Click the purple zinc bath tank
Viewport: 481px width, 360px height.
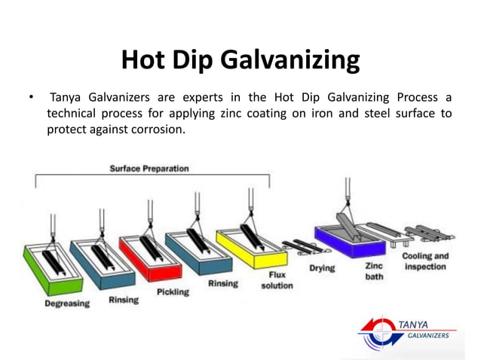click(340, 233)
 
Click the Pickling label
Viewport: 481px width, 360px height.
click(173, 291)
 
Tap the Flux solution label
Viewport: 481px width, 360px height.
click(277, 281)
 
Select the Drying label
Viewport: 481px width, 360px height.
click(322, 268)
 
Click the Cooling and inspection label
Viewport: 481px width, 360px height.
click(425, 261)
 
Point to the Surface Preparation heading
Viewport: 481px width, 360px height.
click(149, 168)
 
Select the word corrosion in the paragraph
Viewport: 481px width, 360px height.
click(156, 129)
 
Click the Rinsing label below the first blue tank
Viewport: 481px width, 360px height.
click(124, 300)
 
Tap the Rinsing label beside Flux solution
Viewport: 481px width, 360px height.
click(223, 283)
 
